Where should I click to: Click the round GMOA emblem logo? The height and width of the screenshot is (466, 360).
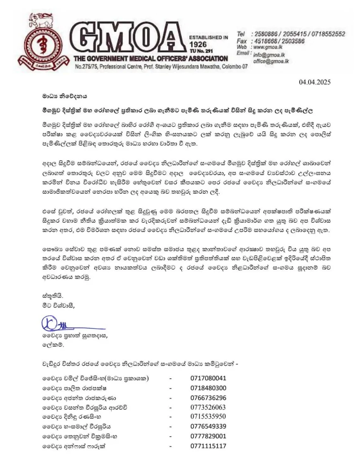point(42,46)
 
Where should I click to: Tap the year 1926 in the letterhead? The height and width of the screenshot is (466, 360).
point(198,45)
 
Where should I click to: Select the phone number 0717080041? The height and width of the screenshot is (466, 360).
point(208,378)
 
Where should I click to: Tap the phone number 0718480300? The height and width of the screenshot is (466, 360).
point(208,388)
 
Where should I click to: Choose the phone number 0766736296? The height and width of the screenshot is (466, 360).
point(208,397)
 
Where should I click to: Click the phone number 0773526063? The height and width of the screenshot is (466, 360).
point(208,407)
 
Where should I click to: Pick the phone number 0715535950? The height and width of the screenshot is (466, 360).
point(208,416)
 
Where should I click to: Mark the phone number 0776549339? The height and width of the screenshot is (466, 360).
point(208,426)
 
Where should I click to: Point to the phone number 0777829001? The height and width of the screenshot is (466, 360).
point(208,436)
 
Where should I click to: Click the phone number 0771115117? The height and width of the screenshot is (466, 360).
point(208,446)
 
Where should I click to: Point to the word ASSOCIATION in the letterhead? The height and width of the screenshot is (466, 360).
point(206,58)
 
